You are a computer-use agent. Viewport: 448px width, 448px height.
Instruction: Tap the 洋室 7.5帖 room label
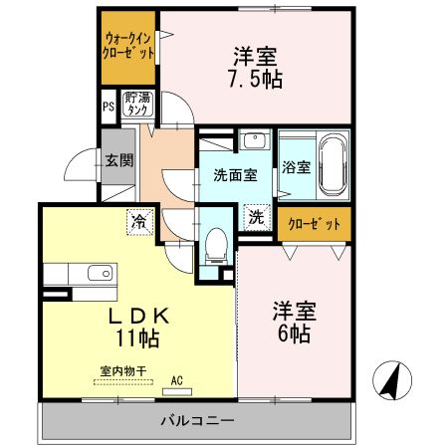click(x=256, y=67)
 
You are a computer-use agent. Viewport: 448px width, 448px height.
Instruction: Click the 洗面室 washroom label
click(x=235, y=175)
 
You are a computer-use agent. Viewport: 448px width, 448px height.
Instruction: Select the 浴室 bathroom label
click(x=296, y=167)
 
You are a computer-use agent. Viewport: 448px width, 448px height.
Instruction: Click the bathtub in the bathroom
click(x=333, y=163)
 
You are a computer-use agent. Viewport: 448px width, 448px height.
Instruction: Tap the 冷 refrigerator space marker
click(x=140, y=221)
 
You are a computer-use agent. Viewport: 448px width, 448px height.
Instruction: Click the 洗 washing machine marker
click(x=257, y=215)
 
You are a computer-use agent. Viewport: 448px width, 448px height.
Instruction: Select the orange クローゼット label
click(x=314, y=224)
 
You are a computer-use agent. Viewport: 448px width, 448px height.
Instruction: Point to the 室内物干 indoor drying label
click(x=122, y=370)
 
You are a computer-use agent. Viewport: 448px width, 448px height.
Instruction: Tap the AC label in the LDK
click(x=177, y=379)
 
